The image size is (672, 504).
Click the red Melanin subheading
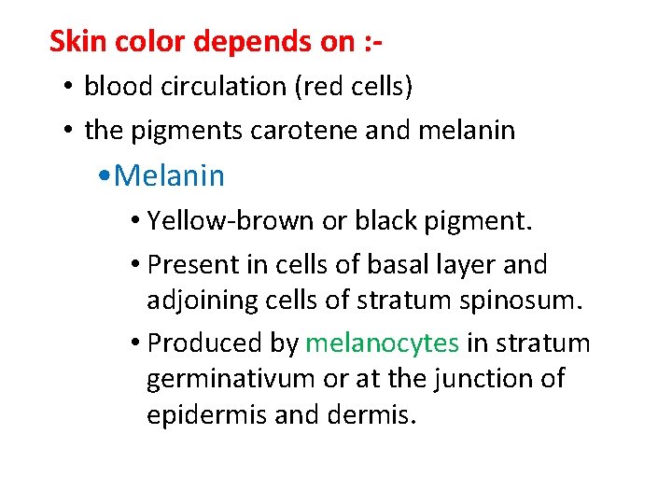pos(171,175)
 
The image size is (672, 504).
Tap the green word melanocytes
pos(382,343)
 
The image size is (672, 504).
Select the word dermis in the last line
pos(373,414)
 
